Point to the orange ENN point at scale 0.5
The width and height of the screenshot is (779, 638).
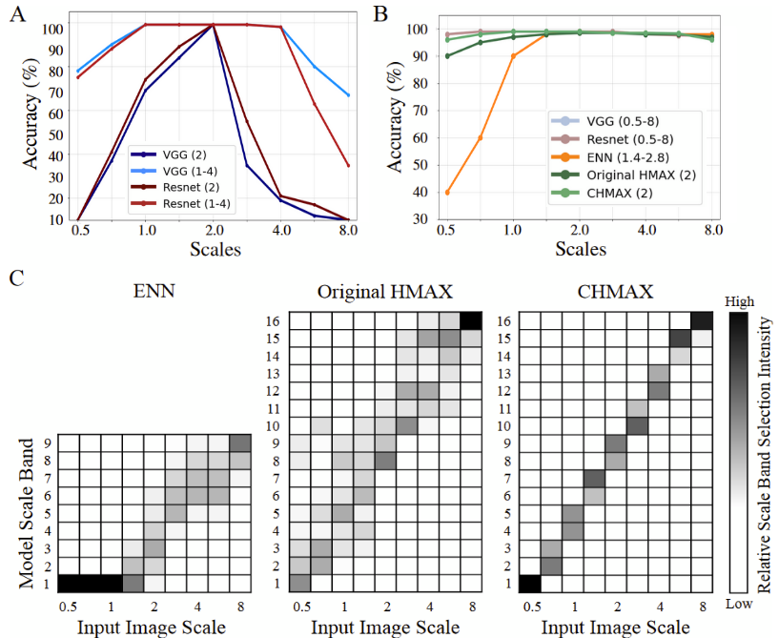coord(447,193)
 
